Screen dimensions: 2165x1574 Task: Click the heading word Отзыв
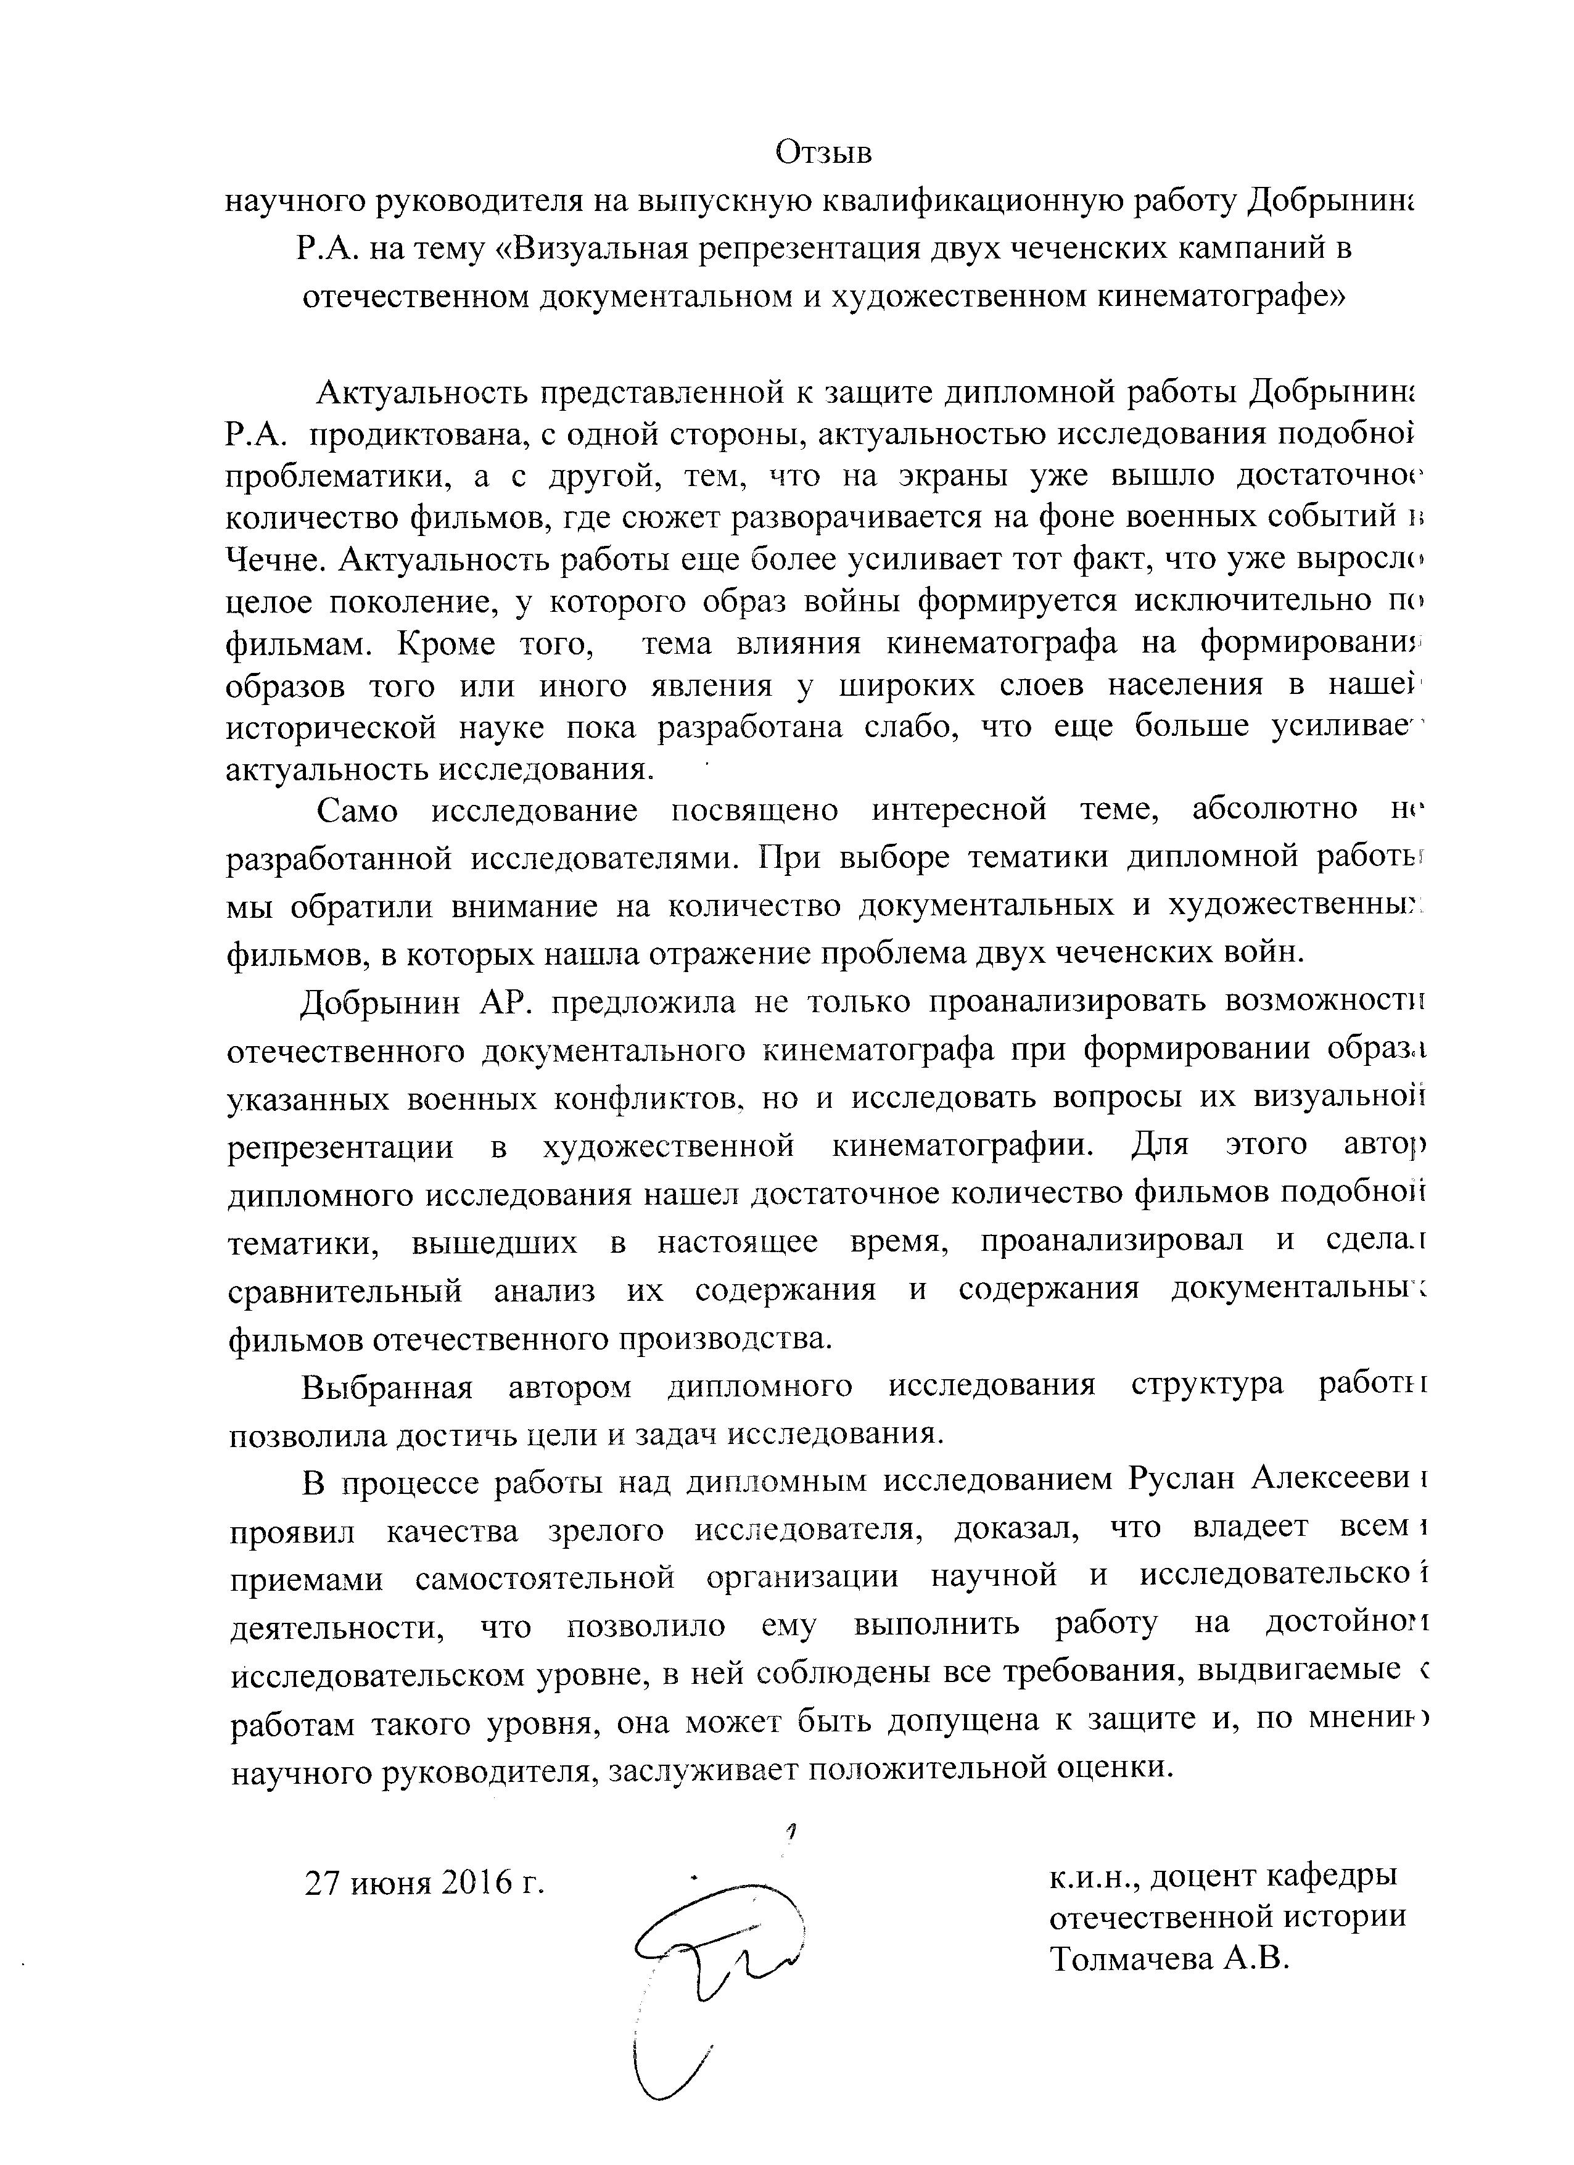[x=824, y=152]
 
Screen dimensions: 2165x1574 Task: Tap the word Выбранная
[x=387, y=1386]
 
